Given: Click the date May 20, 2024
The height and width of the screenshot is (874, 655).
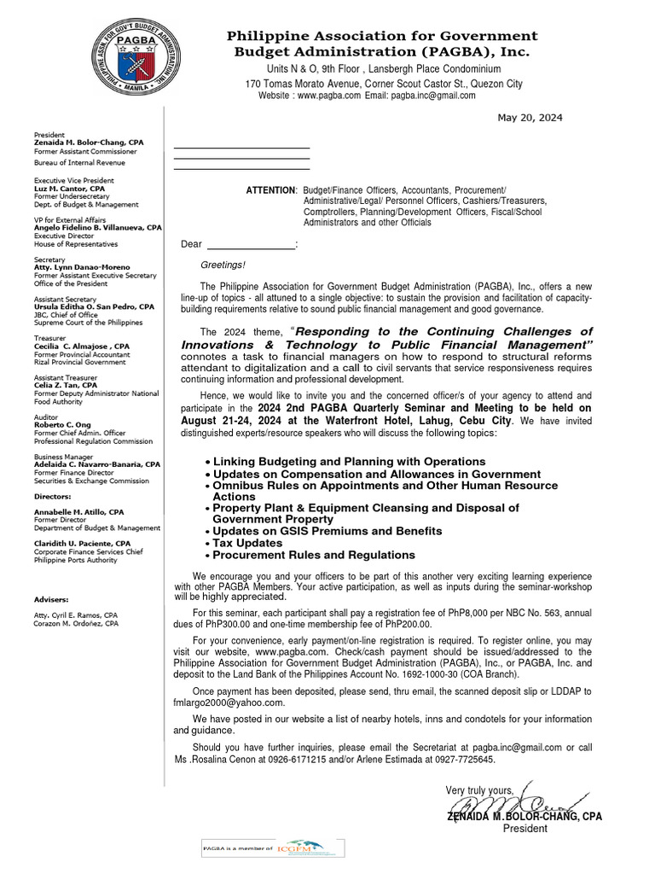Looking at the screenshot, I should point(530,118).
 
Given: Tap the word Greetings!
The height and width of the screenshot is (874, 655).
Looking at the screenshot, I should point(222,265).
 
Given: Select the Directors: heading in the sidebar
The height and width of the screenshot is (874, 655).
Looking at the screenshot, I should point(53,496).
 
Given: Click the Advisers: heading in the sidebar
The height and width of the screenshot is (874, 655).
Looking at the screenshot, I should point(51,599).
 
